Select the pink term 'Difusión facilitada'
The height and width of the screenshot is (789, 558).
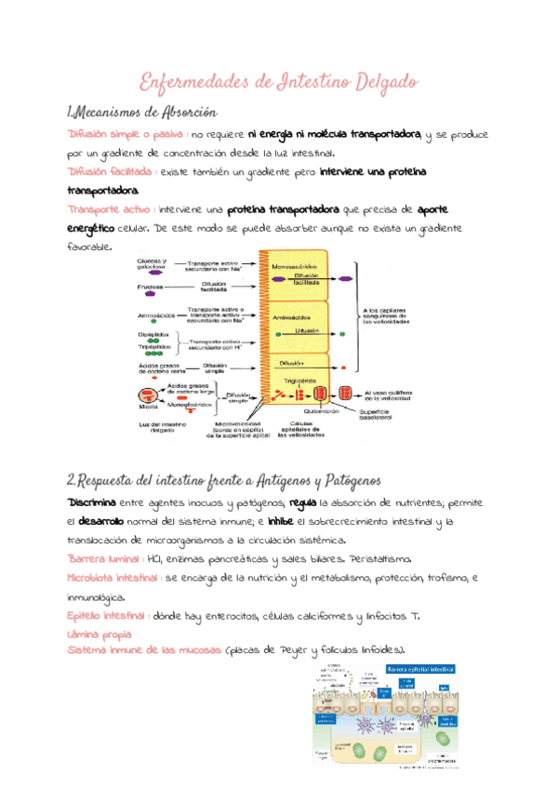click(110, 172)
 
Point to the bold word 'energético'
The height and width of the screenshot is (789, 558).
click(92, 228)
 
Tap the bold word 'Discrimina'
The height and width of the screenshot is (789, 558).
click(91, 502)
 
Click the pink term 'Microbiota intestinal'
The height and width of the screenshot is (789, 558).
click(112, 578)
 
